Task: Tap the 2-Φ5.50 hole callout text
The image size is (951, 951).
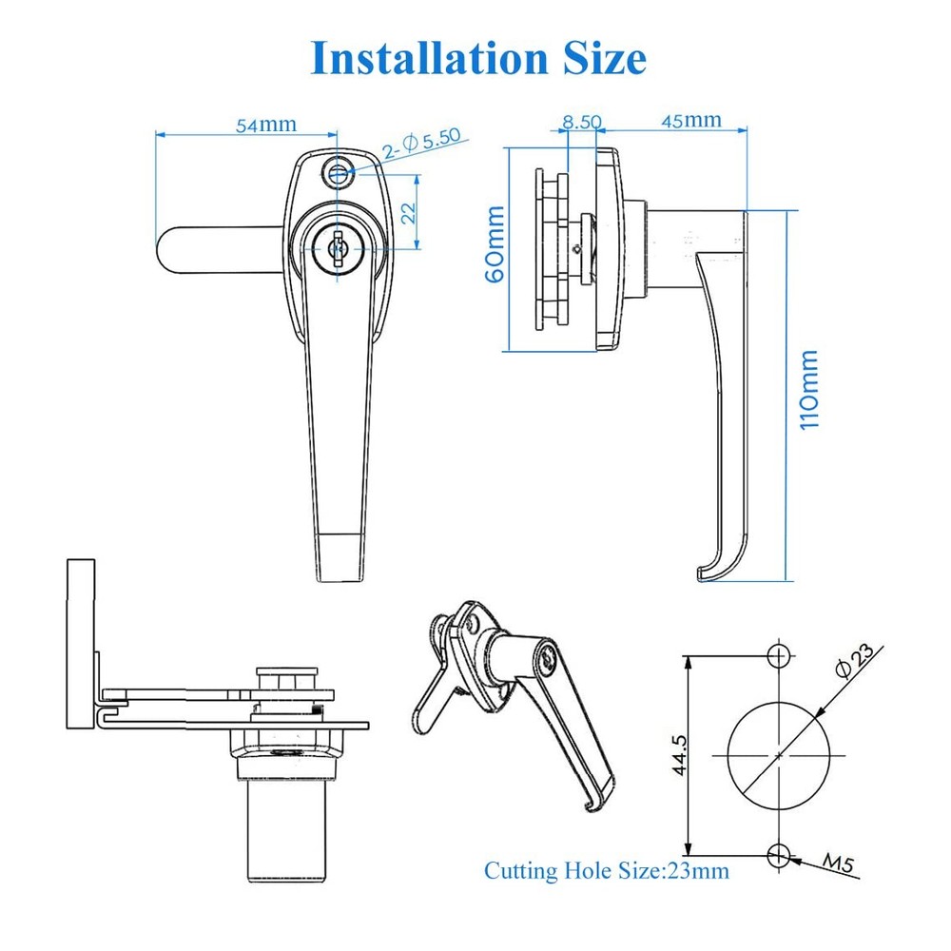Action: [421, 143]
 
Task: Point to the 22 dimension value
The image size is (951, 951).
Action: [408, 212]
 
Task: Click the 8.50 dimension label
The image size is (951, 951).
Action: [581, 121]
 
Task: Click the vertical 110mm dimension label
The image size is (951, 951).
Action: [809, 390]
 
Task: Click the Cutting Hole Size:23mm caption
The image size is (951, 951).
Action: [607, 870]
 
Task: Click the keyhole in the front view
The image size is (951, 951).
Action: [335, 250]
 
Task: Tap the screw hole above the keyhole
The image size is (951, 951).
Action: [336, 172]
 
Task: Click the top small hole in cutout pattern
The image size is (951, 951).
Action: [779, 654]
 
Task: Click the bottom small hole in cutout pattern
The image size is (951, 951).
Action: [779, 853]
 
